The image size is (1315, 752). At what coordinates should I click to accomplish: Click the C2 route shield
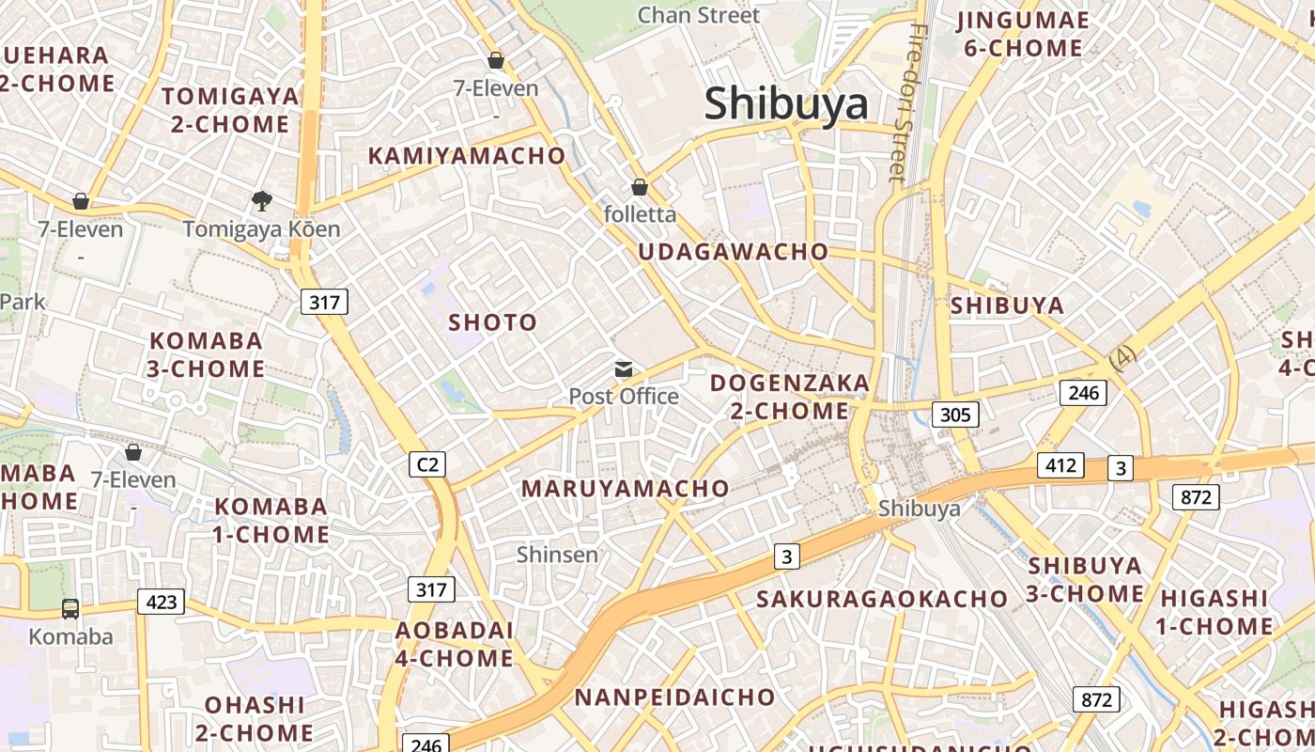point(427,463)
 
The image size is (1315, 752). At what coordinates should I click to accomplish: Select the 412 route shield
point(1060,464)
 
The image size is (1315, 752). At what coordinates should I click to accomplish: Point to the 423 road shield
point(162,602)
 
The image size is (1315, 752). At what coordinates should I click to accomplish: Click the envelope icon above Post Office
point(624,369)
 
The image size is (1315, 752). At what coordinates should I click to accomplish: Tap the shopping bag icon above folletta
point(640,187)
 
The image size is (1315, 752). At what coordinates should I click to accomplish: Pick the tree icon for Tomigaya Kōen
point(261,200)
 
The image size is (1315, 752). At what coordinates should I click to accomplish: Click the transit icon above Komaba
point(70,608)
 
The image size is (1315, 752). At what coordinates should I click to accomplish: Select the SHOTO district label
point(492,322)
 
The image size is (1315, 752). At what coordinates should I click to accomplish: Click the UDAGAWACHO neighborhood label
point(733,252)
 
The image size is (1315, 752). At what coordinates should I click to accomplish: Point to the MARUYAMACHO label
point(625,489)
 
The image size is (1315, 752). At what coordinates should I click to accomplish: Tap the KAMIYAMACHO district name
point(466,156)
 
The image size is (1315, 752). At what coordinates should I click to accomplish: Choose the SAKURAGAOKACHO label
point(881,599)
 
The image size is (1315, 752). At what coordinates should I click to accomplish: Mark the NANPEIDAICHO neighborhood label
point(674,697)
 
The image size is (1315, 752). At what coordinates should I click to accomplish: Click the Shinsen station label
point(557,555)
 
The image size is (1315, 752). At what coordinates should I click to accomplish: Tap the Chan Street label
point(698,15)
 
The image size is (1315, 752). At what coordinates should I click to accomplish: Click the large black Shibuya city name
point(786,103)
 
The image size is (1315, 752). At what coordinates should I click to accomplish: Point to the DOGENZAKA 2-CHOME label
point(790,397)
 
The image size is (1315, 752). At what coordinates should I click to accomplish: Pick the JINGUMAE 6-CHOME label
point(1022,34)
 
